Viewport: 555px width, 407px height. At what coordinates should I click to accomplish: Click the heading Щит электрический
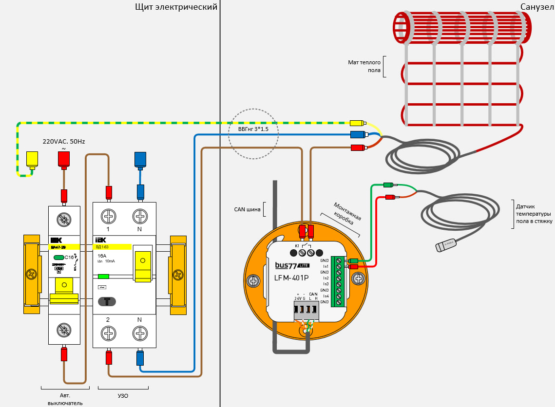176,7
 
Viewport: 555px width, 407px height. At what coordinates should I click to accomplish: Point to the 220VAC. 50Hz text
64,141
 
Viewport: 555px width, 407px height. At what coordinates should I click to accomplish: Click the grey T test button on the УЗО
107,301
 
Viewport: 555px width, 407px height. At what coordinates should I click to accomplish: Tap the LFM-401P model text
292,278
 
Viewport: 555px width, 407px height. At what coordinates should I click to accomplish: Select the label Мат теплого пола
364,66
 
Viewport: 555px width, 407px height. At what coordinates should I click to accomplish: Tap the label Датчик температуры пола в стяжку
533,214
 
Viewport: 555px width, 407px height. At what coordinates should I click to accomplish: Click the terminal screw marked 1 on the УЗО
108,215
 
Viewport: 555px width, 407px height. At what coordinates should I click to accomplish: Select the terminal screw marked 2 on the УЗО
108,333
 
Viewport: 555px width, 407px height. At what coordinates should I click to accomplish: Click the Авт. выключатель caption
65,399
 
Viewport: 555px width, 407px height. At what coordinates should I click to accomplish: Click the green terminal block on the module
338,281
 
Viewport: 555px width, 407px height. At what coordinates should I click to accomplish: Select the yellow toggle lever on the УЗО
143,267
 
